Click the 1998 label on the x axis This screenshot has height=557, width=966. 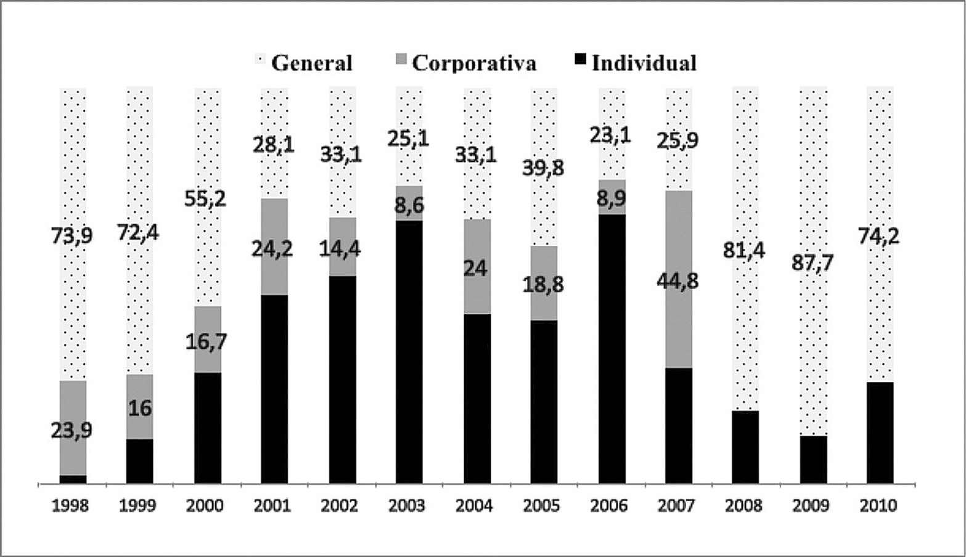click(70, 506)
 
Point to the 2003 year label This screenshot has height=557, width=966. click(407, 506)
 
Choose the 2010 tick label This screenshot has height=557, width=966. click(878, 506)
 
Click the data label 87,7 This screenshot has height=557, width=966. click(813, 263)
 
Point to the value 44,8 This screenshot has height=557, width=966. click(678, 281)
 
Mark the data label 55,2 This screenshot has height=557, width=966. click(206, 198)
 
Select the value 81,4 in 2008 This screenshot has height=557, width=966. click(745, 251)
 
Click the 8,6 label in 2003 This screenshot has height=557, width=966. click(409, 205)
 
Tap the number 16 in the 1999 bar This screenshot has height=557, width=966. click(140, 408)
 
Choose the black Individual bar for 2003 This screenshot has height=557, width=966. click(409, 352)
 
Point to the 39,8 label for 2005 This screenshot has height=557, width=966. click(543, 168)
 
